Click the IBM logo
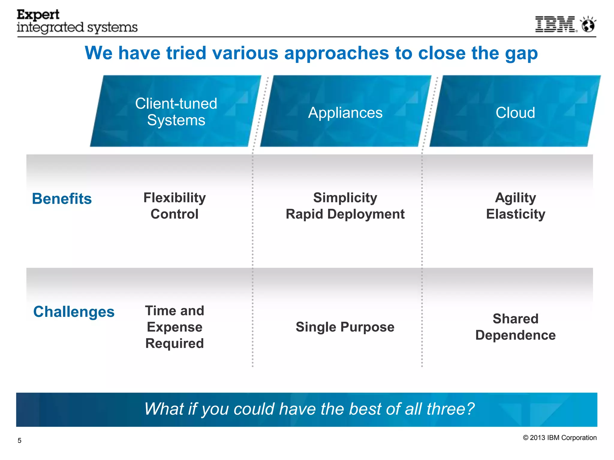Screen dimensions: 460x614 click(x=556, y=24)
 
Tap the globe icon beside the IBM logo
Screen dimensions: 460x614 click(x=588, y=25)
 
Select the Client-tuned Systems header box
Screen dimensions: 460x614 click(x=176, y=111)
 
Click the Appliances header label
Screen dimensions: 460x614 click(x=345, y=113)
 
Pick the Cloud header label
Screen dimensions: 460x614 click(x=515, y=113)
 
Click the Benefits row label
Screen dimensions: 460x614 click(x=62, y=199)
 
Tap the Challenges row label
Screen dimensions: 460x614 click(x=74, y=312)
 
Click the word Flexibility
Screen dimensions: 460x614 click(x=174, y=198)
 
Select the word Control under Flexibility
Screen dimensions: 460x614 click(x=174, y=214)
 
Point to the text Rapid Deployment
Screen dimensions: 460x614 click(x=345, y=214)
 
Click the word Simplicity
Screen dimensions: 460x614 click(x=345, y=198)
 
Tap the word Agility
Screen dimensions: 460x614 click(x=515, y=198)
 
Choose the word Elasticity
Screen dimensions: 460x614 click(x=515, y=214)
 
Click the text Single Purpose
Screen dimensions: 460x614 click(x=345, y=327)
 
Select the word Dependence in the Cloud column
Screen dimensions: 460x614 click(x=515, y=335)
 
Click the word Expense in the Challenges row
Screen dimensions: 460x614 click(x=174, y=327)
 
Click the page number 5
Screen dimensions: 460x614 click(x=19, y=441)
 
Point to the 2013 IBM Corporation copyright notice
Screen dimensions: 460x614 click(x=560, y=438)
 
